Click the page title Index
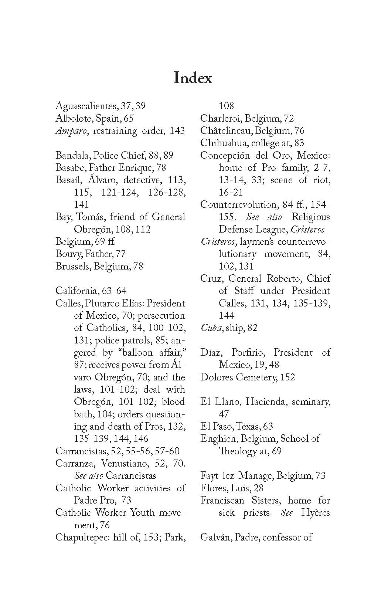(x=193, y=78)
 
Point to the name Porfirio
(x=249, y=352)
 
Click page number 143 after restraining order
(x=177, y=131)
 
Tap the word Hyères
(x=315, y=513)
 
